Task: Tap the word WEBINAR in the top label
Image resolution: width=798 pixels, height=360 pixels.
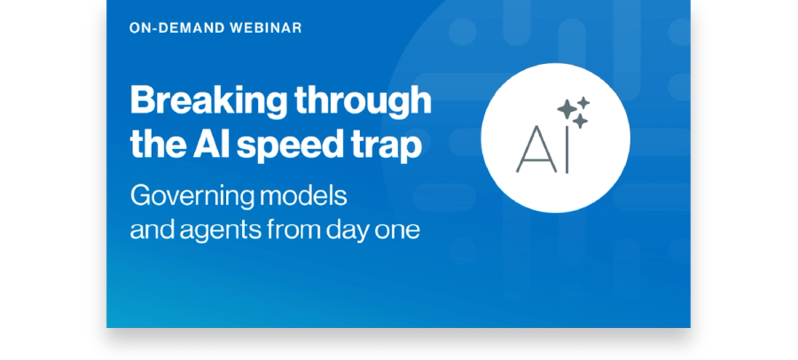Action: [266, 28]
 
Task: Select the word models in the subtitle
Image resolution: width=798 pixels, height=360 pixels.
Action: [303, 196]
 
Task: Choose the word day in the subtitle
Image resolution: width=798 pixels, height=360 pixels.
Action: [348, 231]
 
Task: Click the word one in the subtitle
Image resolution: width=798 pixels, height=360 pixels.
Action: [397, 232]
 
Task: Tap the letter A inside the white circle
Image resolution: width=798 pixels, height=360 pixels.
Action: [536, 149]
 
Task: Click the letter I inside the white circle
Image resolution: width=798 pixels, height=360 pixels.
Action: [567, 149]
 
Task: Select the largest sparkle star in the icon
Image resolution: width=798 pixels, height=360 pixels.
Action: [567, 109]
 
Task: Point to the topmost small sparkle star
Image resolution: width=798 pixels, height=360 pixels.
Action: [583, 103]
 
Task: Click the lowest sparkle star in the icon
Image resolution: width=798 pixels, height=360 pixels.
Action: [580, 121]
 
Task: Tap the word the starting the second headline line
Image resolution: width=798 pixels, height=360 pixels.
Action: [158, 145]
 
